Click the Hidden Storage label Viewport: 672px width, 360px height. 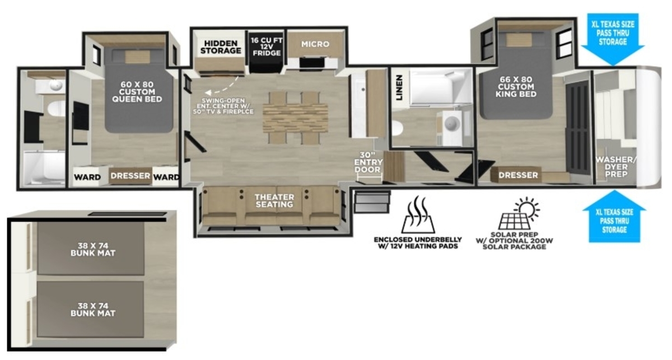[x=221, y=47]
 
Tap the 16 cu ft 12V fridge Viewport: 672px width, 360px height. [x=267, y=52]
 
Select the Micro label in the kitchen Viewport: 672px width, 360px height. [x=315, y=44]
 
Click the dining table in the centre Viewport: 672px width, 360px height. [x=295, y=118]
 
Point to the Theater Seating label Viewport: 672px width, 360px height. [x=274, y=200]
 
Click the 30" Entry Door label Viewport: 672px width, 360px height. [x=368, y=162]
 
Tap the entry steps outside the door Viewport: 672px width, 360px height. [x=372, y=202]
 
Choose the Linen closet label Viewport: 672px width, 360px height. [x=399, y=87]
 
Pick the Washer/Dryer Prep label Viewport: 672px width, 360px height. [x=615, y=167]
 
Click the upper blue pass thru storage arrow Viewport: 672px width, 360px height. [x=613, y=39]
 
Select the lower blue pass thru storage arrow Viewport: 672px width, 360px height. [x=614, y=216]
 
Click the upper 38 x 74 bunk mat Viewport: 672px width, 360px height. [x=91, y=249]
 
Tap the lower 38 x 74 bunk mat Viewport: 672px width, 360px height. [x=90, y=309]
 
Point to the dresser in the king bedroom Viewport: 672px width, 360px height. [x=518, y=175]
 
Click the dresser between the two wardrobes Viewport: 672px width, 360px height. [x=130, y=175]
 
